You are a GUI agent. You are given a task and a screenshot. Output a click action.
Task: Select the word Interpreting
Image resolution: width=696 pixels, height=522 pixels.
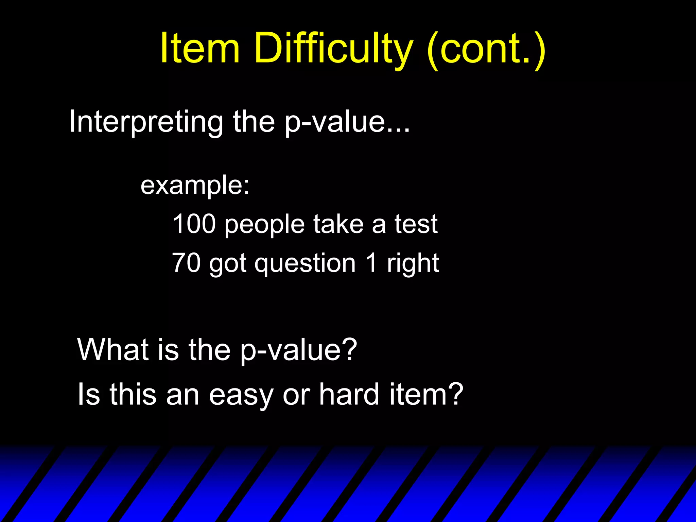[x=146, y=122]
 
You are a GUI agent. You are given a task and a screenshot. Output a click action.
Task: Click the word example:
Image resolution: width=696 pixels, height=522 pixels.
[x=195, y=186]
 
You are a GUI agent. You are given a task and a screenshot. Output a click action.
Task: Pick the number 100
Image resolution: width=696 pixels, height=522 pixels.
[x=194, y=224]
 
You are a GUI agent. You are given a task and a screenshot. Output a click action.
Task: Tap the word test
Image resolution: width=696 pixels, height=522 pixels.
[x=416, y=224]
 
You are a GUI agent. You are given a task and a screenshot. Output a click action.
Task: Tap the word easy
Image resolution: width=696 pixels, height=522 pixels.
[x=241, y=396]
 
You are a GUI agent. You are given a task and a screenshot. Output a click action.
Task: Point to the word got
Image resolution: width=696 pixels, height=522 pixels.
[x=227, y=264]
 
